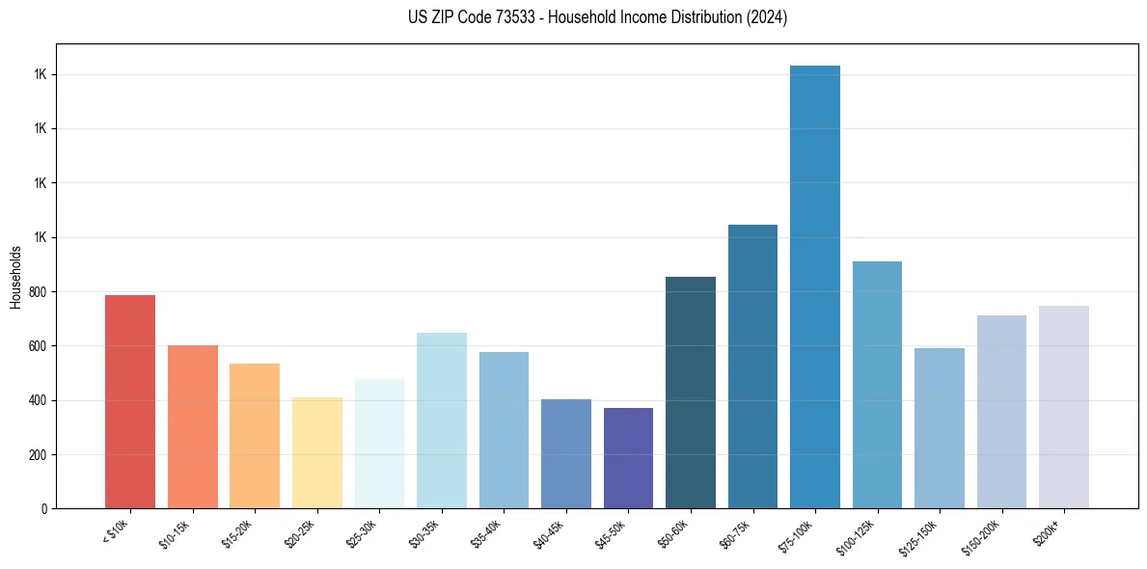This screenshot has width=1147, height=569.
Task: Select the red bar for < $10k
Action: coord(130,401)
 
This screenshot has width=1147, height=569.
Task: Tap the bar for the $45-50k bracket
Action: coord(628,458)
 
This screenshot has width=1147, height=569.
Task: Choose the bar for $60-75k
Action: coord(752,366)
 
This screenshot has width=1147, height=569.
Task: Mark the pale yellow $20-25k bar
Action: coord(316,452)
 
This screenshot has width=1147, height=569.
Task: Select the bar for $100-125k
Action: coord(877,385)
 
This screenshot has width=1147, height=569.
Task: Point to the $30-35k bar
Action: coord(442,420)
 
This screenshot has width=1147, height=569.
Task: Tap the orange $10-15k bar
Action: coord(193,426)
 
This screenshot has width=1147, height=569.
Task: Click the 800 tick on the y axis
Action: coord(39,292)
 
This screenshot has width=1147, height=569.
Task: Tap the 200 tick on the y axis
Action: coord(39,455)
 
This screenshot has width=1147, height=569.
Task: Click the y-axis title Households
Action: coord(15,277)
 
